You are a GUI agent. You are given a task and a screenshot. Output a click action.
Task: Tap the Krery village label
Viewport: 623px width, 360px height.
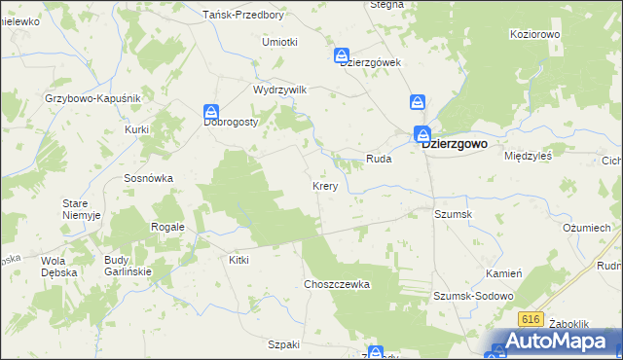[x=325, y=186]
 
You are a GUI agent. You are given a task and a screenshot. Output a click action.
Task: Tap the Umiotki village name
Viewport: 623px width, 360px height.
[x=279, y=42]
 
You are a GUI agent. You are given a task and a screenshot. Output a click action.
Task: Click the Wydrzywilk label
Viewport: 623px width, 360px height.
[x=279, y=89]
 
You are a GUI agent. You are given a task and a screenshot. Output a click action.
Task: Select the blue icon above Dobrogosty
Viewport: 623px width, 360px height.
[x=211, y=112]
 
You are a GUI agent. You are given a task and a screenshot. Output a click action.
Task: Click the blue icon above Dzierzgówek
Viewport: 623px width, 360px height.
[x=342, y=55]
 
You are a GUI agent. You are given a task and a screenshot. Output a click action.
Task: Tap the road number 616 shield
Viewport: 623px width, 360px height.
[x=531, y=319]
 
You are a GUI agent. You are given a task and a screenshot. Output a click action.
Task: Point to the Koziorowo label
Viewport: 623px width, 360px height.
[x=534, y=34]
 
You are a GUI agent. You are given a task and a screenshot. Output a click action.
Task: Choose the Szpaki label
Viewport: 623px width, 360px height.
[x=282, y=344]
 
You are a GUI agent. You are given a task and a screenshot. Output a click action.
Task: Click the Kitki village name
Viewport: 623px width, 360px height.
[x=238, y=261]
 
